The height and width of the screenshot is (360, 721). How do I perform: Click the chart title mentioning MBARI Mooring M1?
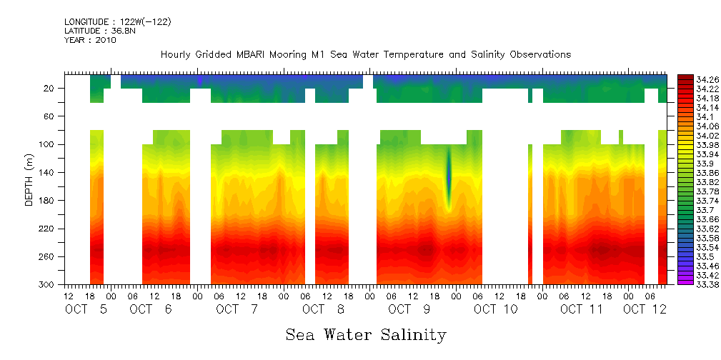pos(366,54)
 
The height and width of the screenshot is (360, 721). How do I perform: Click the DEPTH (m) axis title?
pos(29,179)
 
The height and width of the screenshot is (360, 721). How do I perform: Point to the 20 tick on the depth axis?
pos(49,88)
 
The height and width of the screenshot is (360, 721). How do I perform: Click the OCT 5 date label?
pos(86,309)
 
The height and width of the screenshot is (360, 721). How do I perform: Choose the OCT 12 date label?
pos(645,309)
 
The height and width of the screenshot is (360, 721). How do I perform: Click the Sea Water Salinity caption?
pos(366,334)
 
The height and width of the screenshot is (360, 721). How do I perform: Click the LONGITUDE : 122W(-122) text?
pos(117,22)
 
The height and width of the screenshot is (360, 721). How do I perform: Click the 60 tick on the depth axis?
pos(49,116)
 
